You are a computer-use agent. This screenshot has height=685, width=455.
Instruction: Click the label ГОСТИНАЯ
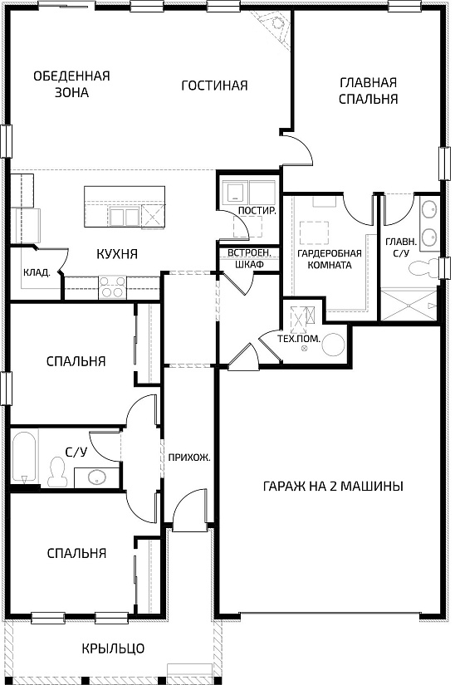(x=215, y=86)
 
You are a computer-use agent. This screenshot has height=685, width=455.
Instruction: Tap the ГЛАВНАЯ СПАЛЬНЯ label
(x=369, y=91)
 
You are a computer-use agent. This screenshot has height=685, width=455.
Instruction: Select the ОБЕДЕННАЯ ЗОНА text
(x=71, y=84)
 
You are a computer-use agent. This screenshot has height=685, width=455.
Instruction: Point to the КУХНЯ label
(x=116, y=254)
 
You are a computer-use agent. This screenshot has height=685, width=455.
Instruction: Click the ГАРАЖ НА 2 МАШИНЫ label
(x=333, y=487)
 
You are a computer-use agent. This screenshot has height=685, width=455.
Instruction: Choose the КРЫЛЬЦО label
(x=113, y=648)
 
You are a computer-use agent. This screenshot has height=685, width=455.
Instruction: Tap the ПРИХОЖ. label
(x=188, y=457)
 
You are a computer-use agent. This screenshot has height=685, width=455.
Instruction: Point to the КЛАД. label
(x=37, y=272)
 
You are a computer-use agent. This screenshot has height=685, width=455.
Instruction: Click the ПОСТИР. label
(x=257, y=211)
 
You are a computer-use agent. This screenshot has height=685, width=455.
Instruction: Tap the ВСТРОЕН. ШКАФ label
(x=239, y=259)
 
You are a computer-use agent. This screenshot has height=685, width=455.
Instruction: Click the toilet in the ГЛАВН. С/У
(x=427, y=267)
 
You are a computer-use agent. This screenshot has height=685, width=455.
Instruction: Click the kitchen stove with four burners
(x=112, y=286)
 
